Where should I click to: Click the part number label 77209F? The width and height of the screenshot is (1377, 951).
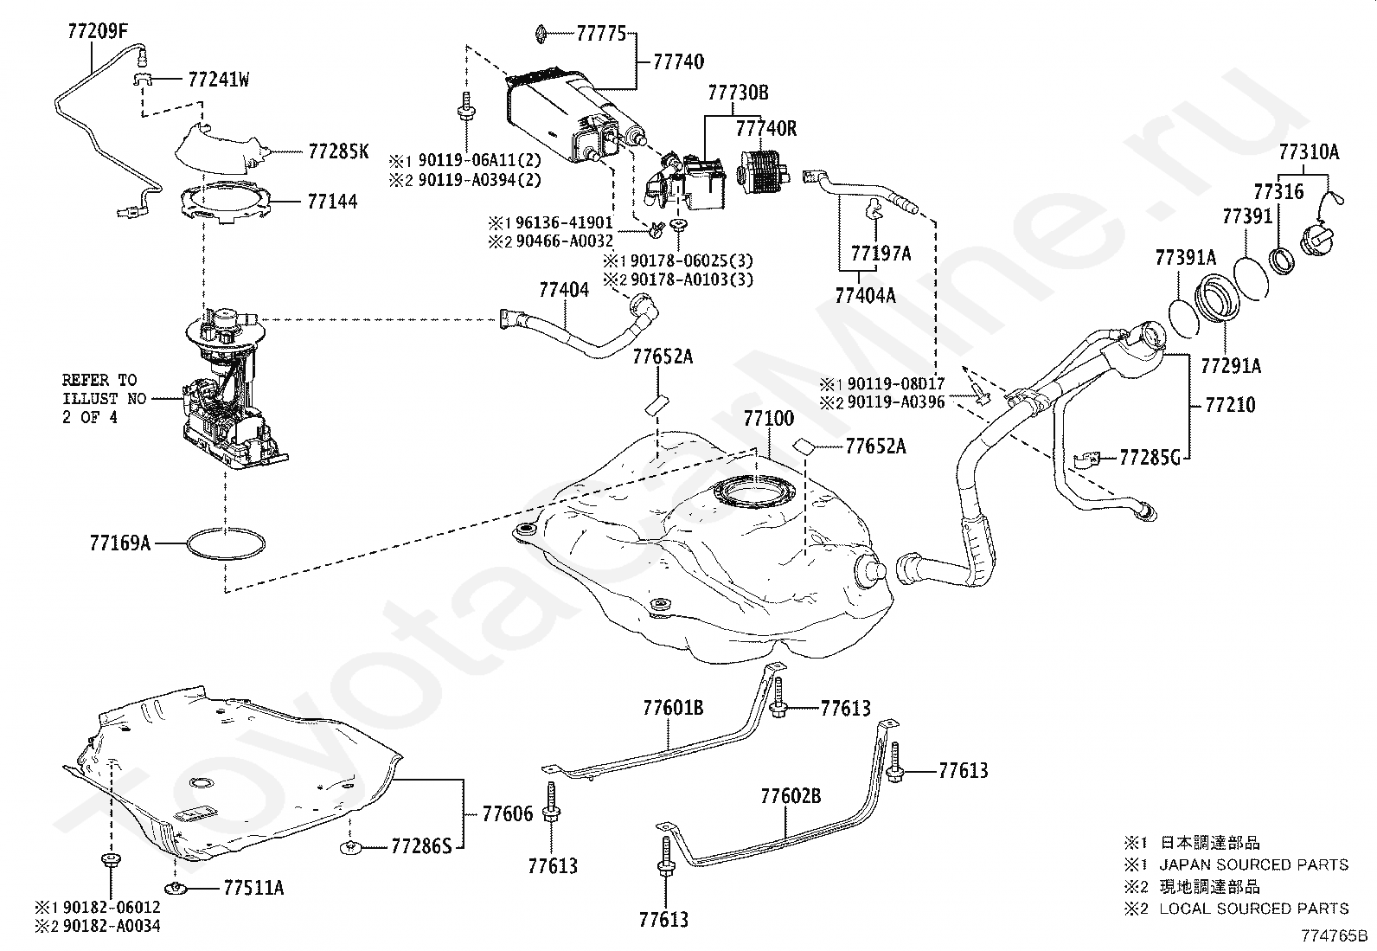(x=98, y=31)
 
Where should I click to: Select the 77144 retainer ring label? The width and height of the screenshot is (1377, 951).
(x=332, y=201)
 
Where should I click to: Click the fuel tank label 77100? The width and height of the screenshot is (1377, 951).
(x=768, y=418)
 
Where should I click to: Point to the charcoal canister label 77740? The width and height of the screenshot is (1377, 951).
(x=679, y=61)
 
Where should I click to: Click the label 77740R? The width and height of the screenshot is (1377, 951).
(x=766, y=129)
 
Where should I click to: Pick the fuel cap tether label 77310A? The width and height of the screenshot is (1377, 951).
(x=1309, y=152)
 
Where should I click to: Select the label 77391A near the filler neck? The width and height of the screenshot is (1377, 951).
(x=1186, y=257)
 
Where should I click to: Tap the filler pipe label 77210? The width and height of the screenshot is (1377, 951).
(x=1230, y=405)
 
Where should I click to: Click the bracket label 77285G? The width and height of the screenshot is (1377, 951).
(x=1150, y=458)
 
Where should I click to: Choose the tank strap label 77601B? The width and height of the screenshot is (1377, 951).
(x=673, y=708)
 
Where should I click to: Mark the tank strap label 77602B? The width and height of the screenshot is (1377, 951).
(x=791, y=796)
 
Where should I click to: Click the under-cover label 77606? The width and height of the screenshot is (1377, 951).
(x=508, y=813)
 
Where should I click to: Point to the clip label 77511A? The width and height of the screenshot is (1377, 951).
(x=254, y=888)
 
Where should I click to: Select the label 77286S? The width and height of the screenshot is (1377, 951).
(x=422, y=846)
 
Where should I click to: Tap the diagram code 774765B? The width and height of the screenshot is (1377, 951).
(x=1334, y=935)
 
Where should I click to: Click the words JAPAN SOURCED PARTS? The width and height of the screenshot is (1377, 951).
(x=1254, y=864)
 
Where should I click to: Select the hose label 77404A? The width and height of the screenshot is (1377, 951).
(x=865, y=296)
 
